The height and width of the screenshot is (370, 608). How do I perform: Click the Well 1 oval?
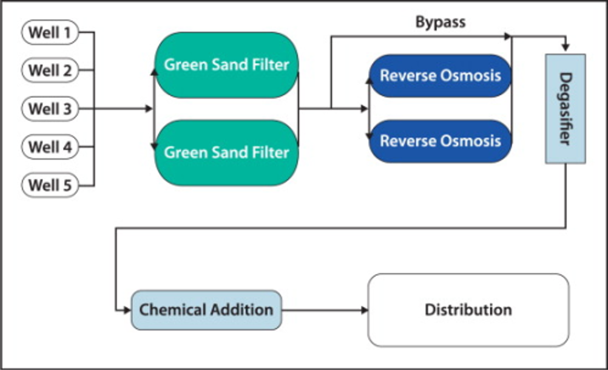coord(50,32)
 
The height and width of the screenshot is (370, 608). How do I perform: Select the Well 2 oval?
coord(50,70)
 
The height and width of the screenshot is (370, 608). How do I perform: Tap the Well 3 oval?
coord(50,109)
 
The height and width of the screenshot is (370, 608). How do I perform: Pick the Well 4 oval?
coord(50,147)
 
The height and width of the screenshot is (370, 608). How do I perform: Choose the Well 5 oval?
coord(50,185)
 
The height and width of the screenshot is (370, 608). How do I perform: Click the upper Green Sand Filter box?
coord(226,65)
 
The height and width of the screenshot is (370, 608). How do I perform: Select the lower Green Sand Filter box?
coord(226,152)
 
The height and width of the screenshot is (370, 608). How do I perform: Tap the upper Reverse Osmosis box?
coord(440,76)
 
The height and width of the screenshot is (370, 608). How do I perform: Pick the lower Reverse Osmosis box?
coord(440,141)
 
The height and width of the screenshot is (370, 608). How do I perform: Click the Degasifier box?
coord(566,109)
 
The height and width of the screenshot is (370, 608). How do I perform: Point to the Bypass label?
coord(441,22)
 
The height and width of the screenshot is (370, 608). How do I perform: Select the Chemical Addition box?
coord(206,310)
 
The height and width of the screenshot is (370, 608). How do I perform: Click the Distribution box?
coord(468,310)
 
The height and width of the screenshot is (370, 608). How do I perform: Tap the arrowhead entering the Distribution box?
coord(365,310)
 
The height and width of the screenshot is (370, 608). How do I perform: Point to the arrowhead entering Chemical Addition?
coord(127,310)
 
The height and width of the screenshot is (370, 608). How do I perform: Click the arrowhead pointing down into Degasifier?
coord(566,47)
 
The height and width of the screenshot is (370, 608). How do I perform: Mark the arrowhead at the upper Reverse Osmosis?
coord(369,80)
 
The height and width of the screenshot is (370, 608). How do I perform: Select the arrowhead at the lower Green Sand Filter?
coord(154,146)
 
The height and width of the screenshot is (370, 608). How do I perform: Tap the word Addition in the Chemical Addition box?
coord(242,310)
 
